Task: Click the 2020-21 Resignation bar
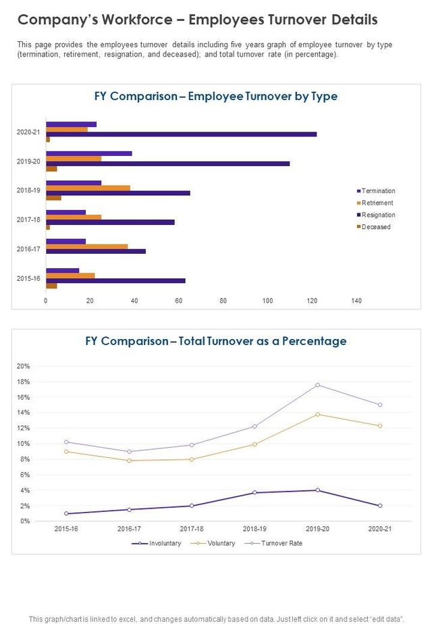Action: tap(181, 134)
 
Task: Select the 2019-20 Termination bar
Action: tap(88, 153)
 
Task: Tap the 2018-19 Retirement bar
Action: tap(88, 188)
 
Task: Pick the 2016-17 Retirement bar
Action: tap(86, 246)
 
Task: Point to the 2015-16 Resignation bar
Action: tap(115, 280)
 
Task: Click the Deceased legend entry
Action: tap(375, 227)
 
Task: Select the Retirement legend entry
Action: tap(377, 203)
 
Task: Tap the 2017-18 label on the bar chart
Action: tap(28, 219)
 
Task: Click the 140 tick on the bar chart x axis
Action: tap(356, 301)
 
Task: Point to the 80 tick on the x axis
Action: tap(223, 301)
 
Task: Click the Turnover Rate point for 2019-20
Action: tap(317, 385)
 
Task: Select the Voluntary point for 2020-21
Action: tap(380, 425)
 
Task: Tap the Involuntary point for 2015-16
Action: tap(66, 513)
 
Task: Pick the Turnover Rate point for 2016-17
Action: tap(129, 452)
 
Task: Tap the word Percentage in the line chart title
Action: tap(307, 341)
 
